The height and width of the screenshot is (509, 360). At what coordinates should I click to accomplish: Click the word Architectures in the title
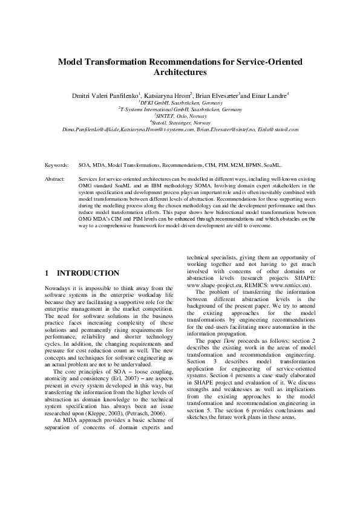[x=180, y=73]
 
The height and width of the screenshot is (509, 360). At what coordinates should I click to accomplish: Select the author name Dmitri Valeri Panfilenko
[x=106, y=96]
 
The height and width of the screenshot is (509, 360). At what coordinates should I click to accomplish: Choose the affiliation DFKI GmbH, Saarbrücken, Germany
[x=180, y=103]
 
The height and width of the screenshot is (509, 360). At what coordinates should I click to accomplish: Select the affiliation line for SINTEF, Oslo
[x=180, y=116]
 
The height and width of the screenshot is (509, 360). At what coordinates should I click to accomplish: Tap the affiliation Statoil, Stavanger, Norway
[x=180, y=123]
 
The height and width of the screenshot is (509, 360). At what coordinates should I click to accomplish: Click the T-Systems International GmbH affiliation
[x=180, y=109]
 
